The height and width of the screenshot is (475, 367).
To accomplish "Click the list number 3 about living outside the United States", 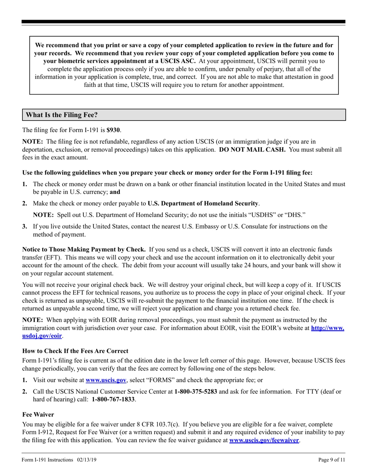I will tap(24, 227).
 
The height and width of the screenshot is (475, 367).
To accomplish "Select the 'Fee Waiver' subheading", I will tap(38, 414).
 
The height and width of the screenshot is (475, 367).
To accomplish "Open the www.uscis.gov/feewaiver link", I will tap(264, 440).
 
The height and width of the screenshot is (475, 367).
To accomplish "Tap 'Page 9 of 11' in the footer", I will tap(331, 460).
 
